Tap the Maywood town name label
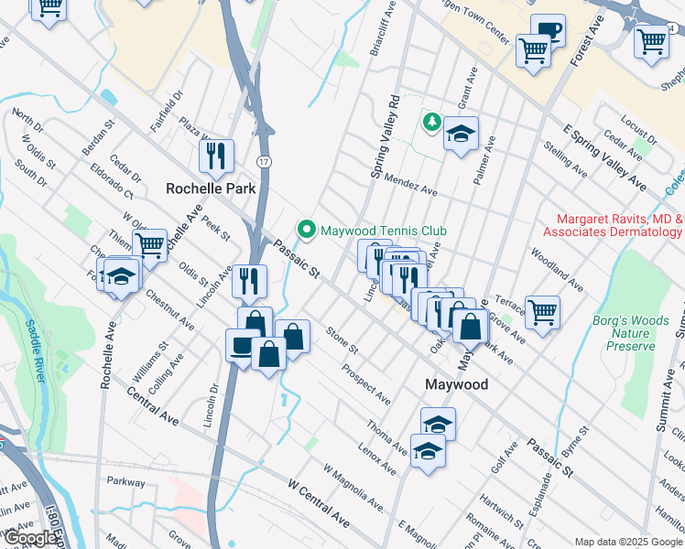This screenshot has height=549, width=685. pyautogui.click(x=457, y=385)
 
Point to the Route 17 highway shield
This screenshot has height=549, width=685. pyautogui.click(x=264, y=162)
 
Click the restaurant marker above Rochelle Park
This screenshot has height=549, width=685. pyautogui.click(x=217, y=156)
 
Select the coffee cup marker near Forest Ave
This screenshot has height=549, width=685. pyautogui.click(x=549, y=31)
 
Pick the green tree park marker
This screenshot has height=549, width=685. pyautogui.click(x=431, y=121)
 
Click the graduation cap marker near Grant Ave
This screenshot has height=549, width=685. pyautogui.click(x=462, y=135)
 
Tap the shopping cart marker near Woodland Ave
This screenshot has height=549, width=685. pyautogui.click(x=542, y=312)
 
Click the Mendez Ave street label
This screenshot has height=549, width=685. pyautogui.click(x=410, y=185)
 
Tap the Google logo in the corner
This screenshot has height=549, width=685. pyautogui.click(x=29, y=539)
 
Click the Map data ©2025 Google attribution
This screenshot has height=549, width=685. pyautogui.click(x=626, y=542)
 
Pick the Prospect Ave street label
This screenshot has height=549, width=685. pyautogui.click(x=365, y=385)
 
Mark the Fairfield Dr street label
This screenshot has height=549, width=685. pyautogui.click(x=168, y=107)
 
